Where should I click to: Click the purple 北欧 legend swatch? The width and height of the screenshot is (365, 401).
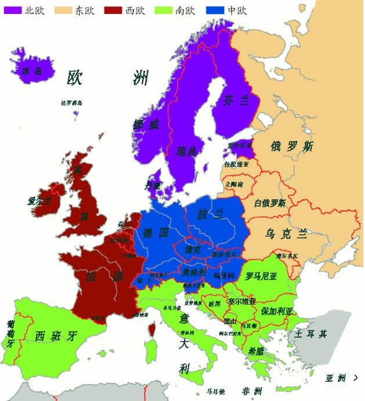coord(12,10)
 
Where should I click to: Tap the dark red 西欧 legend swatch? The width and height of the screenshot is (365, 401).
coord(114,10)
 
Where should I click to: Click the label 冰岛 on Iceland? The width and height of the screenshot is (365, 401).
coord(32,71)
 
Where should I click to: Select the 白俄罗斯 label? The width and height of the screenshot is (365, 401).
coord(270,203)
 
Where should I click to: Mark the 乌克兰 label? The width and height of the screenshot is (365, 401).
coord(286,234)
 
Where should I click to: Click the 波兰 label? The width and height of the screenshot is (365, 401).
coord(210,214)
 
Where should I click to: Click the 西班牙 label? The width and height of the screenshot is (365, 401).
coord(56,336)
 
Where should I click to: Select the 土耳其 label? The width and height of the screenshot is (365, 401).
coord(310,334)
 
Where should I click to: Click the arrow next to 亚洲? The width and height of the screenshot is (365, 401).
coord(354,378)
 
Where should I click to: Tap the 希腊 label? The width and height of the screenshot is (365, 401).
coord(256,351)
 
